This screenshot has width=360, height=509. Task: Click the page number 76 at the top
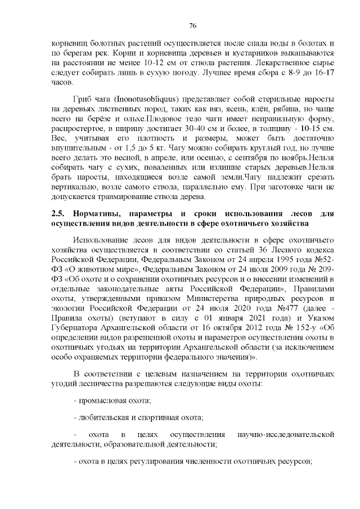192,25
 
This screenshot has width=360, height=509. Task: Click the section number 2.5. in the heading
57,214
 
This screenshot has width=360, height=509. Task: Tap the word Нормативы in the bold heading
100,214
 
